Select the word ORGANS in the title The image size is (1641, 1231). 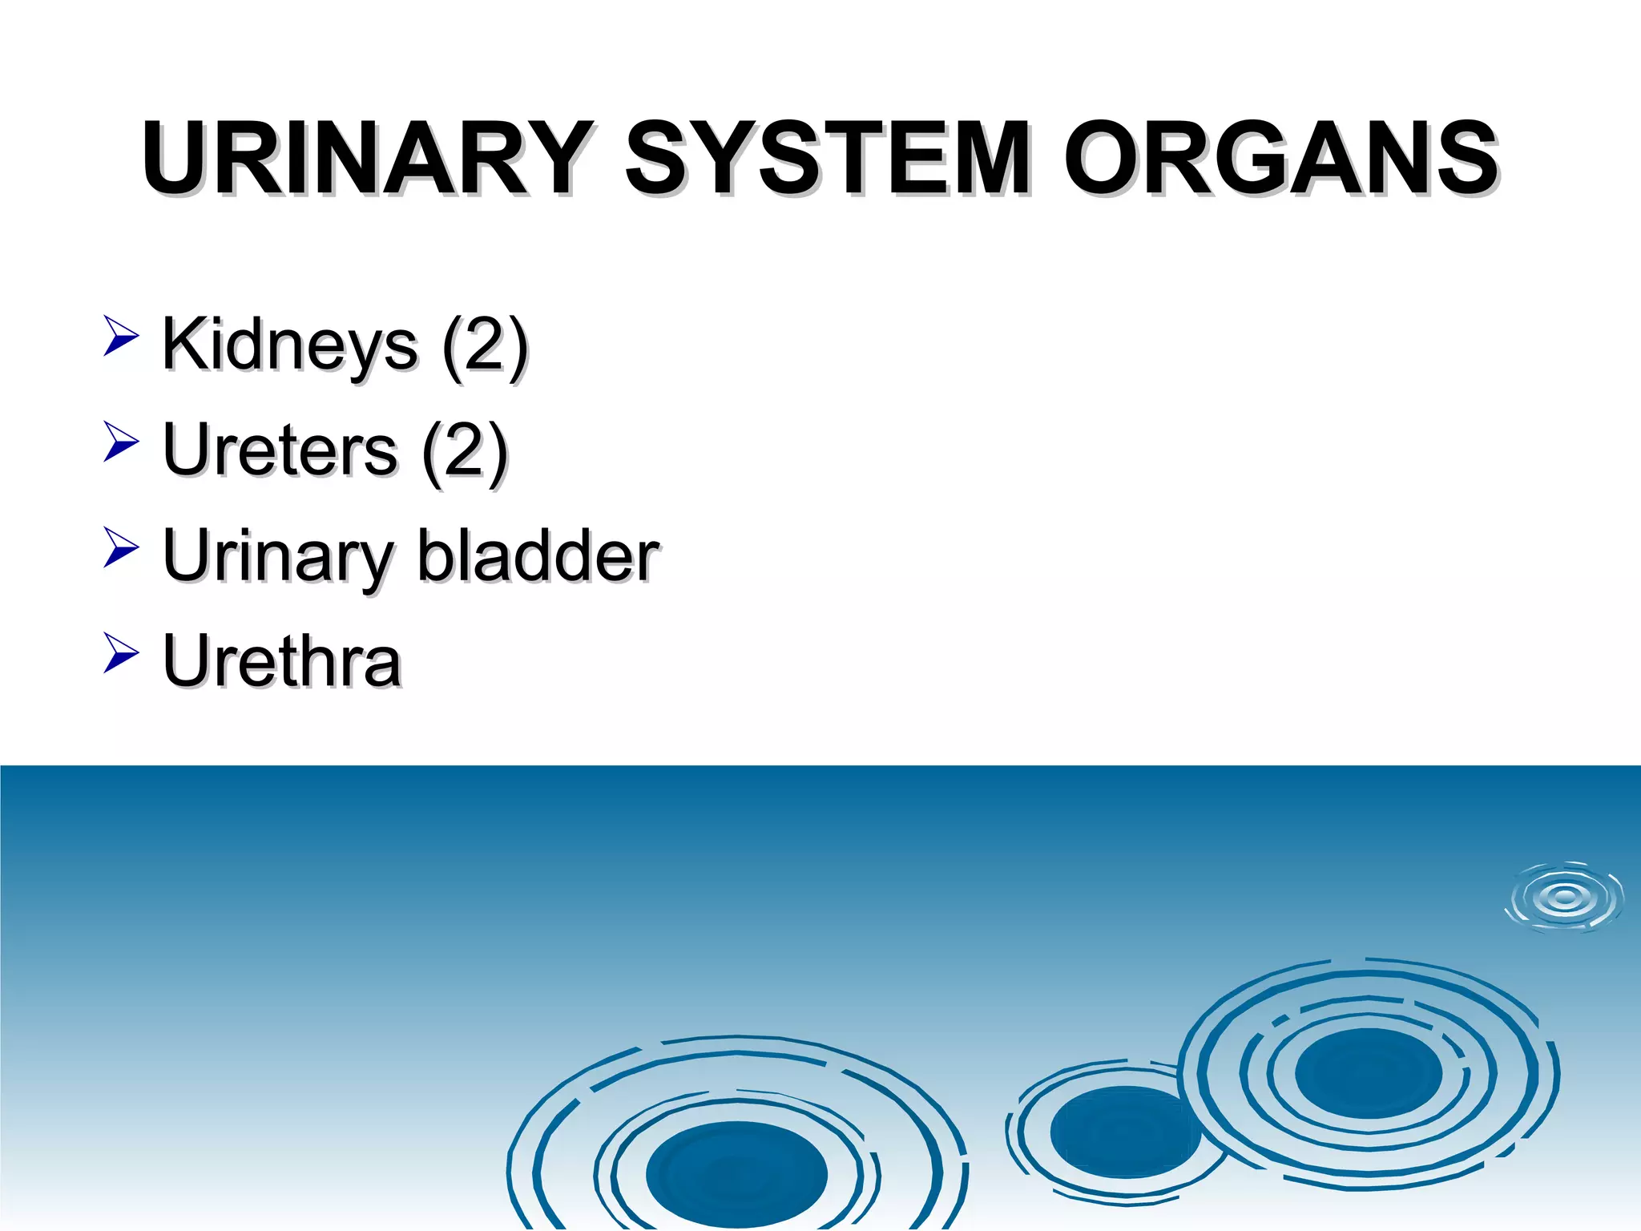1280,157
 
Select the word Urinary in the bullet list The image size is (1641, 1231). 276,557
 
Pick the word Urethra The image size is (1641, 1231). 281,661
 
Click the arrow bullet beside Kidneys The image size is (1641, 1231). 121,336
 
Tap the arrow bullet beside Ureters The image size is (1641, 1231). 121,442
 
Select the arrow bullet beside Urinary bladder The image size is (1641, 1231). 121,547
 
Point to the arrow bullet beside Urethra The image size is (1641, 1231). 121,652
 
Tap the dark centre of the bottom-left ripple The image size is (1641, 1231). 736,1174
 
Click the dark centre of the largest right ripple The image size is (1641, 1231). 1368,1073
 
